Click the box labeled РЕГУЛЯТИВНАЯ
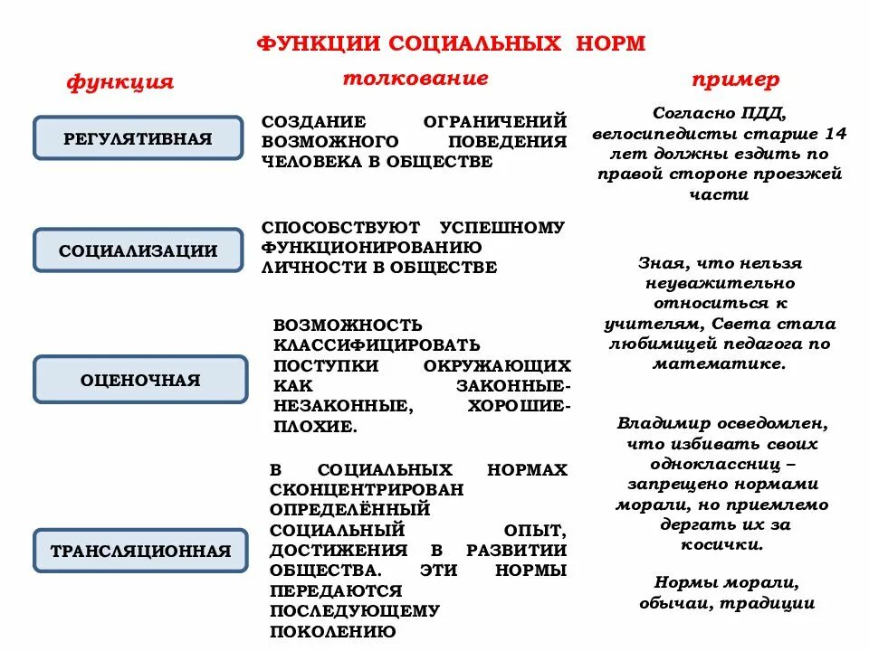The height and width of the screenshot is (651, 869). pyautogui.click(x=138, y=138)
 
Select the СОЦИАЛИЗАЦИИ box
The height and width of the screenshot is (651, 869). pyautogui.click(x=138, y=250)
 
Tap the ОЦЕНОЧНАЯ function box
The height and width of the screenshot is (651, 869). pyautogui.click(x=139, y=380)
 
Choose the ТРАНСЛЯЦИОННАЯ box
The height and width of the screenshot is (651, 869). pyautogui.click(x=140, y=551)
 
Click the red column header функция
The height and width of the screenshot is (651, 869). pyautogui.click(x=119, y=82)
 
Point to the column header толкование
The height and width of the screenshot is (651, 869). pyautogui.click(x=415, y=78)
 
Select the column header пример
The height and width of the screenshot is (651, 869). pyautogui.click(x=735, y=80)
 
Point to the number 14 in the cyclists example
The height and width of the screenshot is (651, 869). pyautogui.click(x=836, y=134)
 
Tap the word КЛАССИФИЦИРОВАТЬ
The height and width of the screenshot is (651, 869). pyautogui.click(x=377, y=344)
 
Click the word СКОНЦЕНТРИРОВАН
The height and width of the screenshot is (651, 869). pyautogui.click(x=367, y=489)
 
